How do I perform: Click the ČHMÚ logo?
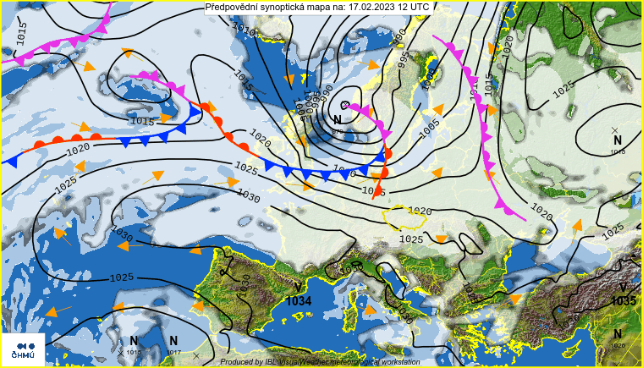23,349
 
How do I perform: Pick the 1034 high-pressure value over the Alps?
299,301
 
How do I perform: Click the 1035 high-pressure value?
624,301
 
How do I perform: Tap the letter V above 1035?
624,288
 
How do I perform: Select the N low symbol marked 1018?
618,140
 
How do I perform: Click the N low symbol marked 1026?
618,334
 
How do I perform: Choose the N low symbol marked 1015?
134,341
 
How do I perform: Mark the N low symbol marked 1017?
173,341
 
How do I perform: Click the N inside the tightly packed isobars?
338,120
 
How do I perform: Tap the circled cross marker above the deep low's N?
345,104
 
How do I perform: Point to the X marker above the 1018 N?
614,129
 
